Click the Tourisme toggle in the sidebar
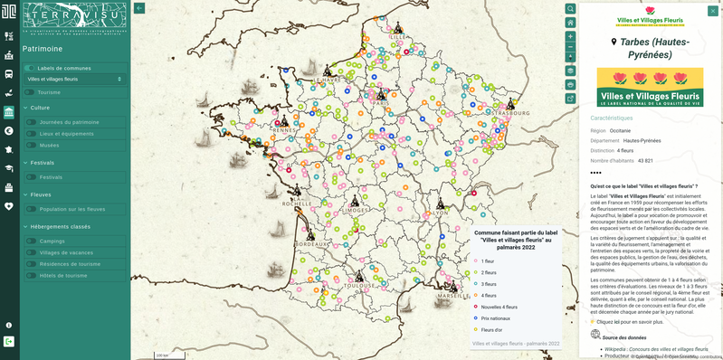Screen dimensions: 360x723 pos(30,92)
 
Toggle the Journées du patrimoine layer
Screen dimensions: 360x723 pos(31,121)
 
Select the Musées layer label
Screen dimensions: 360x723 pos(49,145)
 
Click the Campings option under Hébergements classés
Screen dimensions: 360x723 pos(52,242)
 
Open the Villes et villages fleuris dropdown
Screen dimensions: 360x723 pos(74,80)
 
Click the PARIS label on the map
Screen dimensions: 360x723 pos(381,103)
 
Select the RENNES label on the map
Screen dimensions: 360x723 pos(284,130)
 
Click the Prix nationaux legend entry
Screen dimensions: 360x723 pos(496,317)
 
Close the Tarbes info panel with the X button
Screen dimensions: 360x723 pos(712,11)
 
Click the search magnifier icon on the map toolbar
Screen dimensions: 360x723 pos(570,9)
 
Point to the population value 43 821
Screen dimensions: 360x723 pos(645,161)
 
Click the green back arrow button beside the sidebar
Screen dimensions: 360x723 pos(139,8)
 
